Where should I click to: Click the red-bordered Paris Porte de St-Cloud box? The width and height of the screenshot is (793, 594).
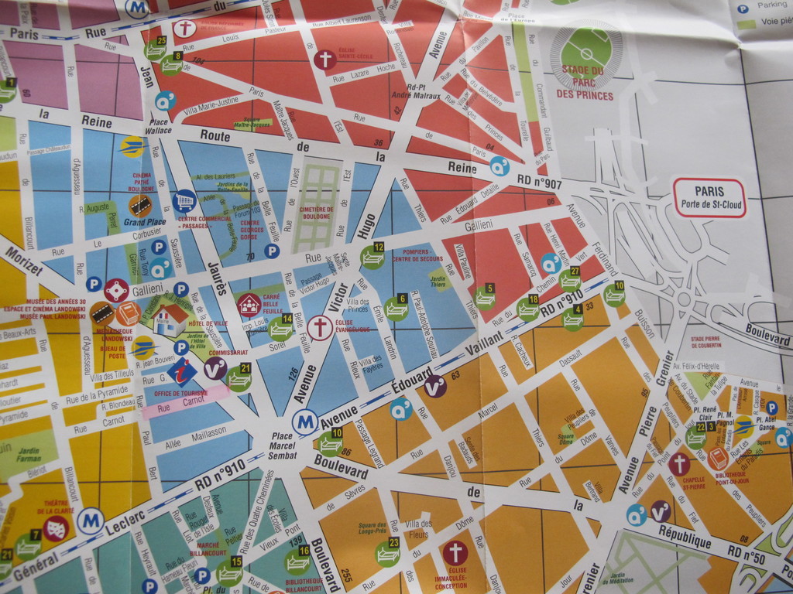point(709,198)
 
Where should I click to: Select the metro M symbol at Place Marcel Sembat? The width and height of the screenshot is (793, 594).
point(304,422)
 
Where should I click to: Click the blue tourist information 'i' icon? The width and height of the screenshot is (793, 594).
point(182,371)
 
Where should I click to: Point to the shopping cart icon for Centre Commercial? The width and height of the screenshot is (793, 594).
point(184,201)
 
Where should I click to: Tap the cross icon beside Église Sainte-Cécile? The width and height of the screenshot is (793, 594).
point(324,60)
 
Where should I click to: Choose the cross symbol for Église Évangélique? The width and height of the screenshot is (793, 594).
point(319,327)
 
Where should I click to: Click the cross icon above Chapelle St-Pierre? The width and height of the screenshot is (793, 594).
point(679,464)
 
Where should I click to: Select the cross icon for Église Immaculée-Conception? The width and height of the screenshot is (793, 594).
point(455,552)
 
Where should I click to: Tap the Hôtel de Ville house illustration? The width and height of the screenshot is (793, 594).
point(170,319)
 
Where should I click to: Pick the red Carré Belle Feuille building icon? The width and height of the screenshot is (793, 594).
point(249,305)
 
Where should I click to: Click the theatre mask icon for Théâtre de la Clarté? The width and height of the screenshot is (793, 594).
point(56,529)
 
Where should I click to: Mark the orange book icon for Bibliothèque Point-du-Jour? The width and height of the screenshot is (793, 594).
point(718,458)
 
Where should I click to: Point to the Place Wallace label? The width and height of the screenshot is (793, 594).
point(160,126)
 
